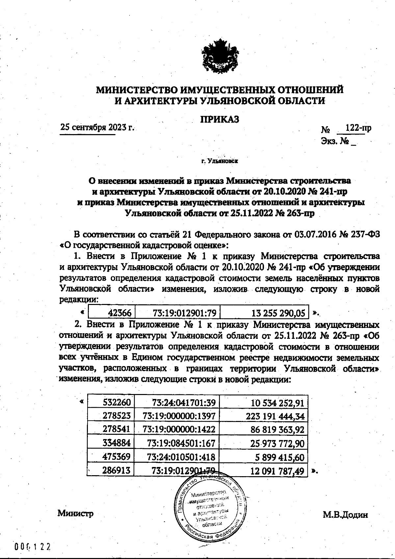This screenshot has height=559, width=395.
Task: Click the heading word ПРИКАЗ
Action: pyautogui.click(x=220, y=119)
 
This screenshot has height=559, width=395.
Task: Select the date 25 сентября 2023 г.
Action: pyautogui.click(x=97, y=127)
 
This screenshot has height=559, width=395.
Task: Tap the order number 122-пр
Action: pyautogui.click(x=356, y=128)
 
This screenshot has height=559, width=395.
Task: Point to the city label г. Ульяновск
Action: pyautogui.click(x=219, y=161)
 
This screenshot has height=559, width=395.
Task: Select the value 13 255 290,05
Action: pyautogui.click(x=278, y=313)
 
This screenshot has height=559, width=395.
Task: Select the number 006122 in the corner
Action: pyautogui.click(x=33, y=547)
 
